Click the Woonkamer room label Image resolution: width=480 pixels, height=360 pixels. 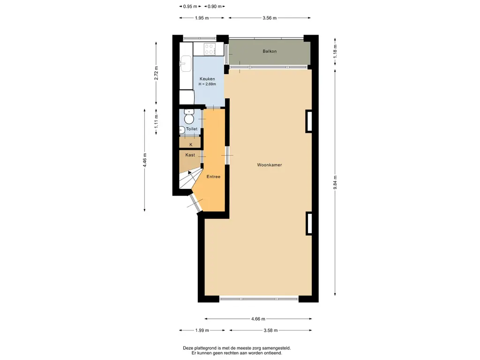270,165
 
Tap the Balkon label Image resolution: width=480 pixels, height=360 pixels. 270,52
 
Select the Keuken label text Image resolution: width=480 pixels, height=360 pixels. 207,79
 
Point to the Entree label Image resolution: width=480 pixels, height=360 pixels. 213,177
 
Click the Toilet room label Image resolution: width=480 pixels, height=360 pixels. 192,129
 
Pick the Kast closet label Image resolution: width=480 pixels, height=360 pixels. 190,155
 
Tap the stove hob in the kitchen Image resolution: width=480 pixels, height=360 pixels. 210,49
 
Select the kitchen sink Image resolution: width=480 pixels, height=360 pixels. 186,63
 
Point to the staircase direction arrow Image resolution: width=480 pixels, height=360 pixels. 190,172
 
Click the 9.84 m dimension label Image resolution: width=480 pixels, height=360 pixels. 335,182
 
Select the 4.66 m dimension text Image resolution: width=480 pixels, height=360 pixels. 258,319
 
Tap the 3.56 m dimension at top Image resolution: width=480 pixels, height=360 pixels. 270,18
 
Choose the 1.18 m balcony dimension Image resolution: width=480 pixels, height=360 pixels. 335,52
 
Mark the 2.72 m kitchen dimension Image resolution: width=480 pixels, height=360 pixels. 156,73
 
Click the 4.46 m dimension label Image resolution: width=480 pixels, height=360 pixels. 144,160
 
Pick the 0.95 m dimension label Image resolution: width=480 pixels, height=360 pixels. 190,7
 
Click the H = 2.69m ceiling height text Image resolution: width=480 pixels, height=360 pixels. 207,84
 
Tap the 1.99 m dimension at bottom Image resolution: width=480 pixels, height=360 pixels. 202,330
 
